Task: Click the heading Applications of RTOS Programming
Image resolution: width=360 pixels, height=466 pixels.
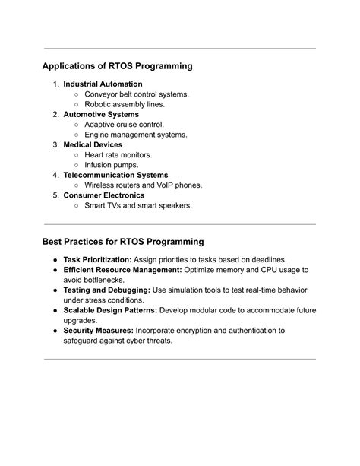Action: (x=117, y=66)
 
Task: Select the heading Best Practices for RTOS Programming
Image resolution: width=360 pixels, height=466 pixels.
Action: (x=123, y=242)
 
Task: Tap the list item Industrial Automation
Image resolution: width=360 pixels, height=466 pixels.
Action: (x=103, y=84)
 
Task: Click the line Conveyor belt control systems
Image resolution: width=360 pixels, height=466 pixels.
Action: (x=137, y=94)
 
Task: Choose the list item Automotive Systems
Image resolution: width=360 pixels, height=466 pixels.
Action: (x=101, y=114)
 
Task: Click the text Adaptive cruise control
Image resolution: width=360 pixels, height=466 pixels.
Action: (x=124, y=125)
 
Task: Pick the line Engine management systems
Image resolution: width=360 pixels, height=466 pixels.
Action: (x=135, y=135)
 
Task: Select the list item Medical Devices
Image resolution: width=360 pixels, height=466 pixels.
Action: (x=93, y=144)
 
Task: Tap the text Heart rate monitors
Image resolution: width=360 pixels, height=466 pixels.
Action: (x=118, y=154)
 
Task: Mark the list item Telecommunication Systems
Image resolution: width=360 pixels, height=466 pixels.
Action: (x=115, y=175)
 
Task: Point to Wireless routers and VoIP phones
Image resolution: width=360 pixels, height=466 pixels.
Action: (x=143, y=185)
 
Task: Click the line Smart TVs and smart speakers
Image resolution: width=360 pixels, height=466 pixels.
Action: (x=138, y=205)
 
